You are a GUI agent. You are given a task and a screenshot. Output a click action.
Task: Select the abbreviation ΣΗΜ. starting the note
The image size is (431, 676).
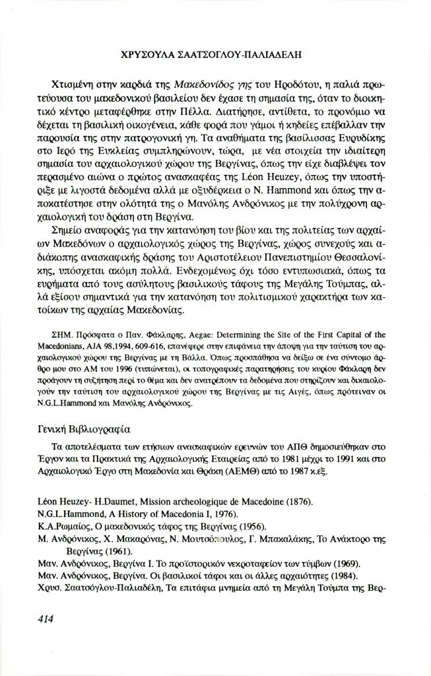61,335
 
